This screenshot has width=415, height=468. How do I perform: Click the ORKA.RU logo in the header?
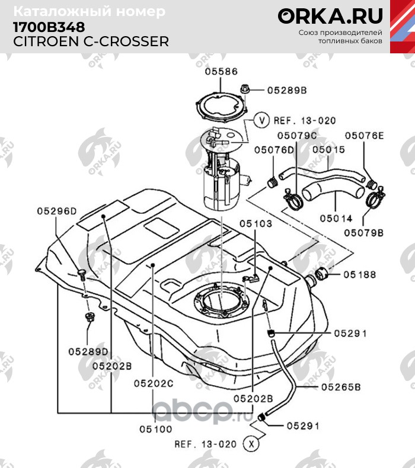330,15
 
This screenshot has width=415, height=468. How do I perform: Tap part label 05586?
221,72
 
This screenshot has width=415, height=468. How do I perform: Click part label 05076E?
365,136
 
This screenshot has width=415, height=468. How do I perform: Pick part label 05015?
328,150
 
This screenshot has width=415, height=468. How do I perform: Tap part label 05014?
336,218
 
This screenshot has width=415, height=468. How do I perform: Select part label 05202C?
152,383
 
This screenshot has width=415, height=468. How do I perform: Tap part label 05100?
156,427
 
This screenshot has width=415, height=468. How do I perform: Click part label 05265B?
341,388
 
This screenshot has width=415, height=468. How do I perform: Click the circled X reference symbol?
253,443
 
